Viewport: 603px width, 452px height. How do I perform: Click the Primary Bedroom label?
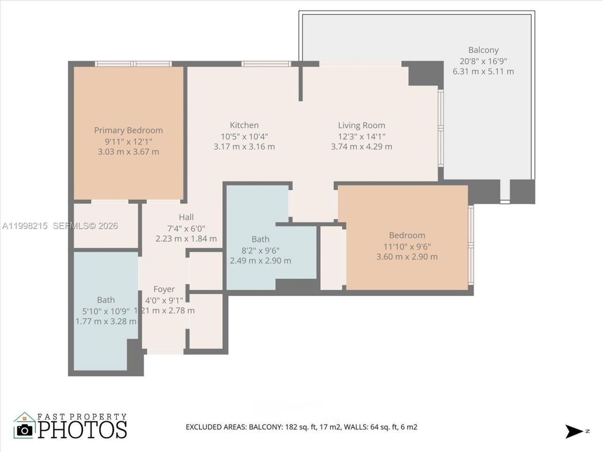[128, 130]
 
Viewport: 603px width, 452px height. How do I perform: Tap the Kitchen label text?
[244, 125]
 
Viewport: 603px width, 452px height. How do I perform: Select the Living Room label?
[361, 125]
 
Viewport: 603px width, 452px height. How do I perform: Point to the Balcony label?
[483, 50]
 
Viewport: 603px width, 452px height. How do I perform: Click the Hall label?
[186, 217]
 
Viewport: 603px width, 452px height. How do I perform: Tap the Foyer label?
[164, 289]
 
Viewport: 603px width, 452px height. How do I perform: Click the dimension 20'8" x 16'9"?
[483, 61]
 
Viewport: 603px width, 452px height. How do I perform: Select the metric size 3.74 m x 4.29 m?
[361, 146]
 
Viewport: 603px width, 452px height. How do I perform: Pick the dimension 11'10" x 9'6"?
[407, 246]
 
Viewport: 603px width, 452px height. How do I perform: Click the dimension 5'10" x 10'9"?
[106, 311]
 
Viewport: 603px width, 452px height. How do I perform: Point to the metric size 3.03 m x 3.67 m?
[128, 152]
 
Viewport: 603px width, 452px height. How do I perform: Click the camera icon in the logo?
[24, 429]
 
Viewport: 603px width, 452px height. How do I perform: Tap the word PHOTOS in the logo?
[82, 429]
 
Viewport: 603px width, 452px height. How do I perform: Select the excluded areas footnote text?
[301, 427]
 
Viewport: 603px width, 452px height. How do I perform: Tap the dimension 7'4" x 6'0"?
[186, 228]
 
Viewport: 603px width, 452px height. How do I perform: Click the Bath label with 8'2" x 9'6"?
[261, 239]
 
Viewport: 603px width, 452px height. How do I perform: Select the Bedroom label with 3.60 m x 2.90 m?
[407, 235]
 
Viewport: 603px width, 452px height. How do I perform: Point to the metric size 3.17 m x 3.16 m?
[244, 146]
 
